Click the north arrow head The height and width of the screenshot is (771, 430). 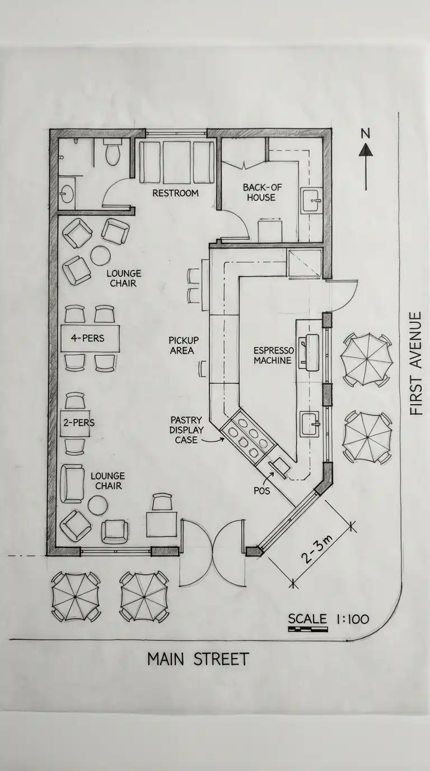coord(366,150)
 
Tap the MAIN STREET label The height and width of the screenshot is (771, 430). coord(198,659)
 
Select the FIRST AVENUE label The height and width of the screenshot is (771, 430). coord(415,364)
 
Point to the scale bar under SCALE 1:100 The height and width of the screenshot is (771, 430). coord(307,630)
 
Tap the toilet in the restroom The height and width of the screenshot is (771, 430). coord(112,154)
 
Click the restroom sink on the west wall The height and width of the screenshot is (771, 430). coord(67,193)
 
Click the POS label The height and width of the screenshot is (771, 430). coord(261,491)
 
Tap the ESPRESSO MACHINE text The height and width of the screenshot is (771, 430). coord(272,355)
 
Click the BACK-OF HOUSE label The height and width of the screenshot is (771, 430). coord(259,192)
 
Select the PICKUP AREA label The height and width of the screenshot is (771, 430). coord(184,345)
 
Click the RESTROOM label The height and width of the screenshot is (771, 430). coord(175,193)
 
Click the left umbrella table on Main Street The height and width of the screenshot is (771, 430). coord(75,597)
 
